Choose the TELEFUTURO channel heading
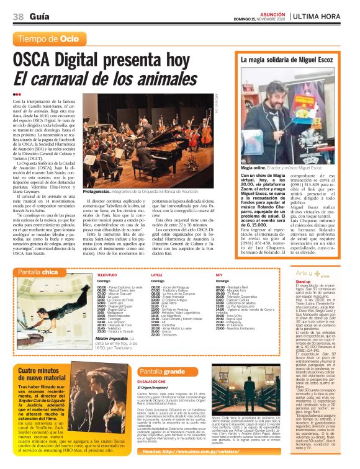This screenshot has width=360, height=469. tap(107, 274)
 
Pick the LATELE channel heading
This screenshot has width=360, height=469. tap(157, 274)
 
